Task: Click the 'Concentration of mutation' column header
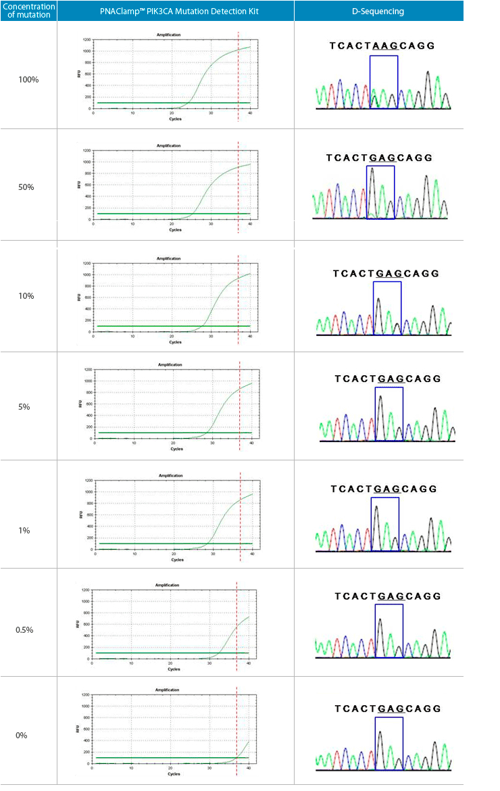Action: (x=28, y=11)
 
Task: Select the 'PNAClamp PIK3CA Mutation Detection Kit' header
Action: (x=176, y=11)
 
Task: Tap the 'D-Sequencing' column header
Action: (x=378, y=11)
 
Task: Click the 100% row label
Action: (x=28, y=80)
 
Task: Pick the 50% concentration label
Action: (x=26, y=187)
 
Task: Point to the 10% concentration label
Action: (x=26, y=296)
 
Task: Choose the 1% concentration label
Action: (x=24, y=531)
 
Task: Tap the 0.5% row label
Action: (x=25, y=630)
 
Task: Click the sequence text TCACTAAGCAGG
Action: (x=382, y=46)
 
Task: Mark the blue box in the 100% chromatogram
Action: (x=383, y=81)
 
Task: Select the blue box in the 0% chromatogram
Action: (x=389, y=742)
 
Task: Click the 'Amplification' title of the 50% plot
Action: (x=168, y=145)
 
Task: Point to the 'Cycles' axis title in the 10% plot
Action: (x=175, y=342)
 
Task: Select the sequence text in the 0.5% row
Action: (x=388, y=596)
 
